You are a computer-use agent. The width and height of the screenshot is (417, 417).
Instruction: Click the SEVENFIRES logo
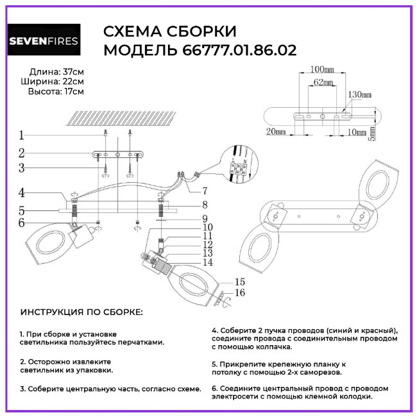[44, 42]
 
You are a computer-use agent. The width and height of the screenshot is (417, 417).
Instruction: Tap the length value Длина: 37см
[56, 71]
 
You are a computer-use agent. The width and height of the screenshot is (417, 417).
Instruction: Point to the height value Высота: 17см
[56, 92]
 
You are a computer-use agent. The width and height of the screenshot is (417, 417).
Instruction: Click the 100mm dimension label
[322, 69]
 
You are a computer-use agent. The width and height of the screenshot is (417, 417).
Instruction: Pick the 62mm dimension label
[324, 83]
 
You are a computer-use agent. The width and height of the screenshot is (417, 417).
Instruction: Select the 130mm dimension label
[360, 94]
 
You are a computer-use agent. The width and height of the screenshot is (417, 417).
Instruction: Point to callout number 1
[21, 135]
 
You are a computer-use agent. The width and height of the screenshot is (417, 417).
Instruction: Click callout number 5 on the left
[21, 210]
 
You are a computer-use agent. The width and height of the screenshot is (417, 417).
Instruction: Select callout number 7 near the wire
[205, 191]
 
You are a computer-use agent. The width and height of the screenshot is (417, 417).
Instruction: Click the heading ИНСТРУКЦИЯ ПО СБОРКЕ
[81, 312]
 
